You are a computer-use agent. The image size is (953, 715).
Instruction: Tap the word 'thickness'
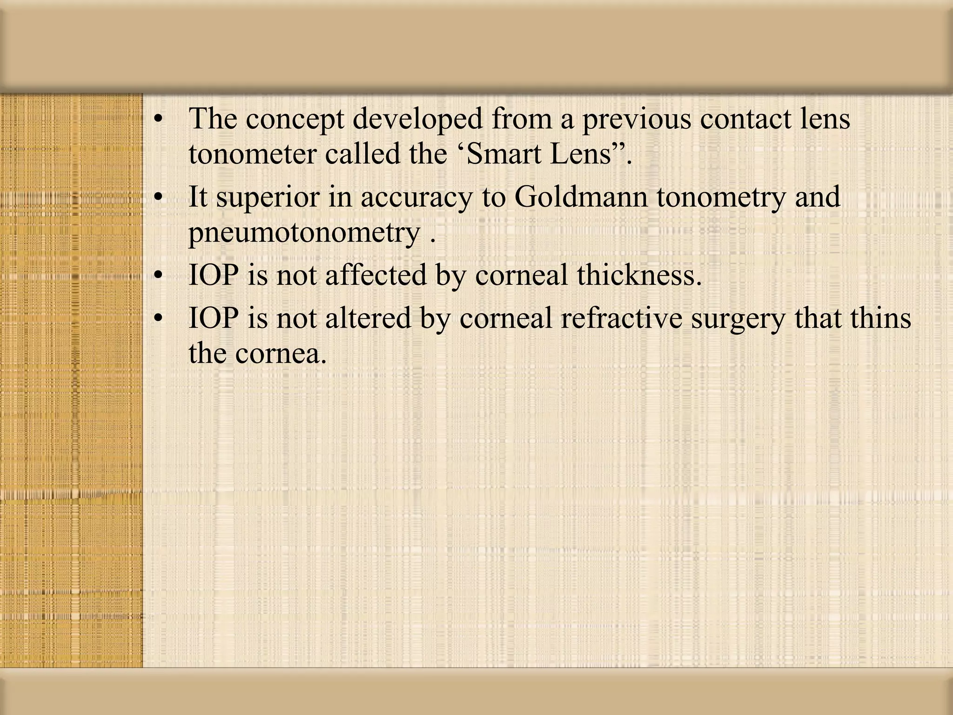click(638, 275)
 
